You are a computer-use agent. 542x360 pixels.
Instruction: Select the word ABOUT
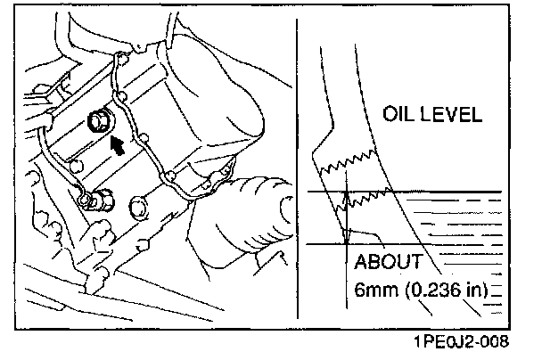pyautogui.click(x=391, y=263)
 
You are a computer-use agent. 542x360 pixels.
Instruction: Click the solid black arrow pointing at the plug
pyautogui.click(x=116, y=144)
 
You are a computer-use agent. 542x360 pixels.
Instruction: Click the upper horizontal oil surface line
pyautogui.click(x=419, y=192)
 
